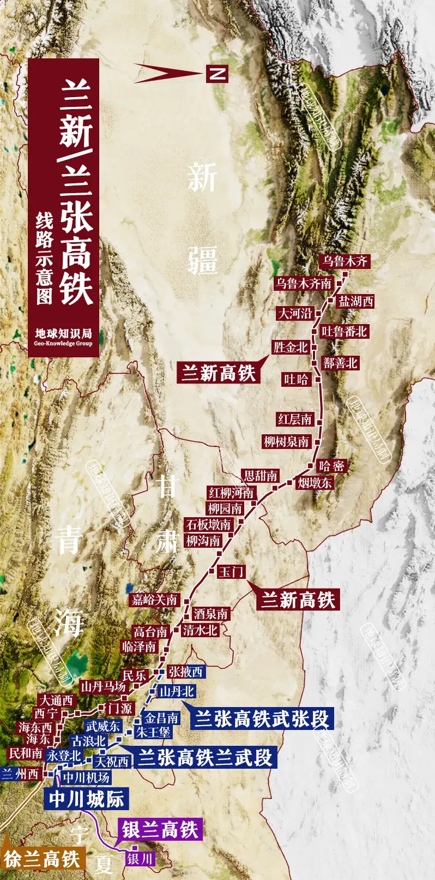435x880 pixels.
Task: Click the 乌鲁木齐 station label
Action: (x=345, y=261)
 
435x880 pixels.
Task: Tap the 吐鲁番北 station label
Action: (x=344, y=332)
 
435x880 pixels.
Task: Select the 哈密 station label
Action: (x=331, y=466)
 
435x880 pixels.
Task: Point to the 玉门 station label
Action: (x=231, y=571)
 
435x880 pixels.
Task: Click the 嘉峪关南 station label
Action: (x=155, y=600)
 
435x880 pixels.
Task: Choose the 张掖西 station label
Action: (x=185, y=672)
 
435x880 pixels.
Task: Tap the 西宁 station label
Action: (x=46, y=713)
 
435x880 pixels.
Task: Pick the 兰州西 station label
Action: (x=20, y=774)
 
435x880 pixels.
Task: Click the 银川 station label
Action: (x=140, y=859)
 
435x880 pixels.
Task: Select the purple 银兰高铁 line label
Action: (x=160, y=830)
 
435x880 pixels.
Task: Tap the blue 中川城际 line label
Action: (x=87, y=799)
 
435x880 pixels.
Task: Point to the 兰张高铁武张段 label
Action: (x=262, y=719)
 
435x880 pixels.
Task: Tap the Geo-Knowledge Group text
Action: (x=63, y=344)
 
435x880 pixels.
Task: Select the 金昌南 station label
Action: (x=161, y=718)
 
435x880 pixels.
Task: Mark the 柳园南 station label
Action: (x=225, y=508)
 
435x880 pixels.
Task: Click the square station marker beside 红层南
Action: (x=320, y=422)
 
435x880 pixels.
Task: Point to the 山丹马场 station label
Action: (x=103, y=686)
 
